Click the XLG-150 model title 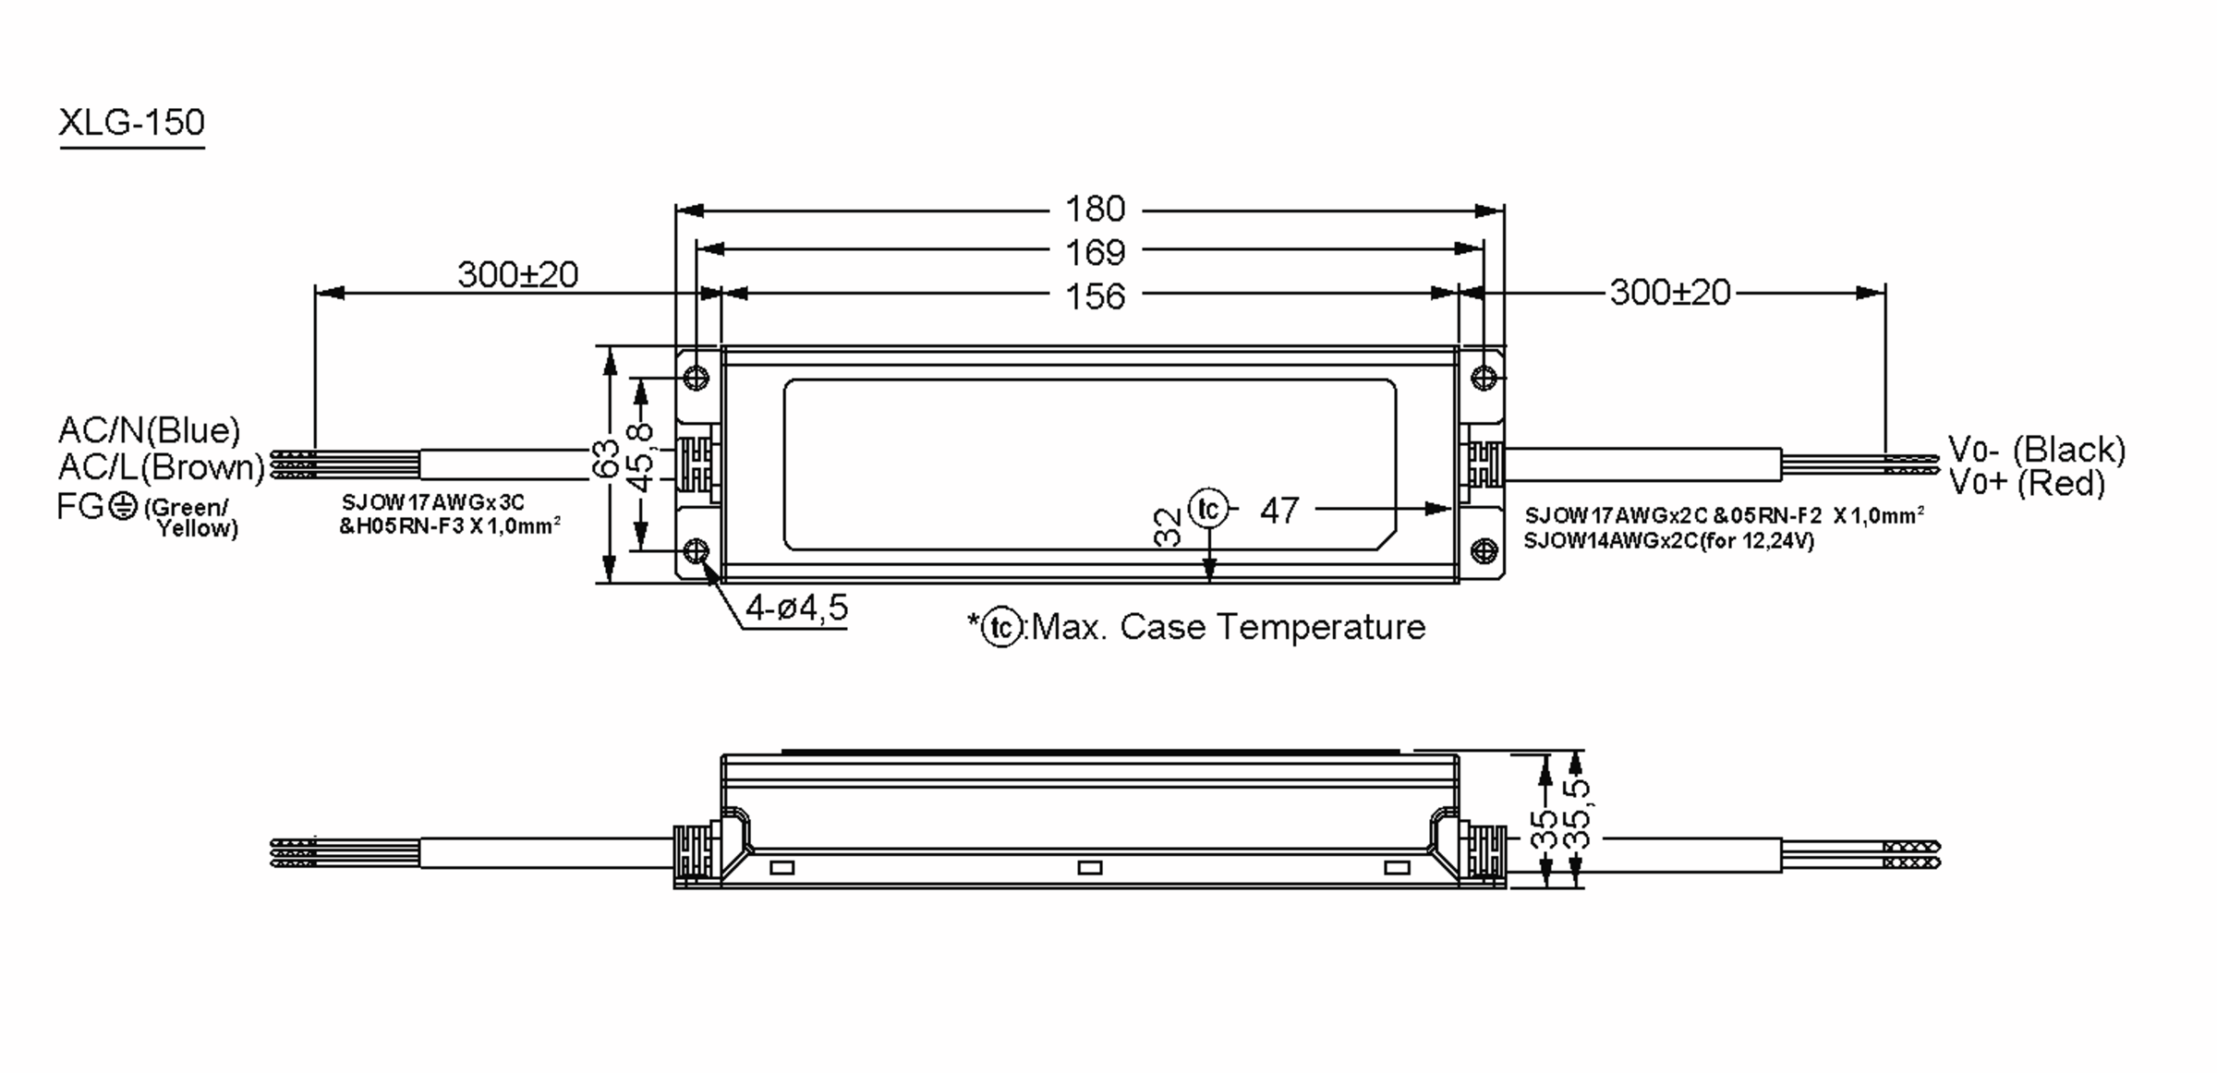tap(131, 122)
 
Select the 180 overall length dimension tap(1095, 210)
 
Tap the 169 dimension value tap(1095, 252)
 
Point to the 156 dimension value tap(1095, 296)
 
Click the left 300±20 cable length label tap(517, 274)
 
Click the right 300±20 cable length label tap(1669, 293)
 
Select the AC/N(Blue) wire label tap(149, 430)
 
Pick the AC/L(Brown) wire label tap(161, 467)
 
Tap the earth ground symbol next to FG tap(123, 506)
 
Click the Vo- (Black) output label tap(2036, 450)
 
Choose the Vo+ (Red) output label tap(2026, 483)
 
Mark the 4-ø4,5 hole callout tap(796, 608)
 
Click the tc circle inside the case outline tap(1208, 509)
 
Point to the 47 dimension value tap(1279, 511)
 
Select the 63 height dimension tap(605, 459)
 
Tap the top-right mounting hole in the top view tap(1484, 378)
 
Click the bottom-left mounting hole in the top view tap(697, 551)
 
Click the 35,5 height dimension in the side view tap(1581, 814)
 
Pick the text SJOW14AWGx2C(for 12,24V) tap(1668, 541)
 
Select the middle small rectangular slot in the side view tap(1090, 867)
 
